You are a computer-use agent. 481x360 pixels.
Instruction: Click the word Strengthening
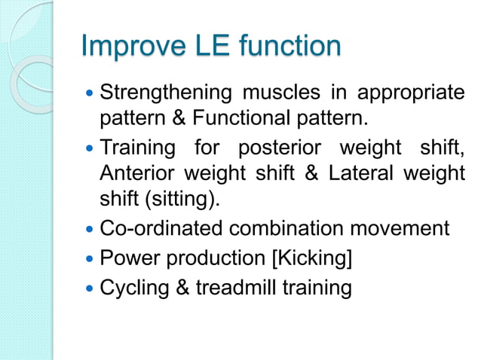[166, 94]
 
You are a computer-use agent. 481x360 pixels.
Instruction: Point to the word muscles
[281, 94]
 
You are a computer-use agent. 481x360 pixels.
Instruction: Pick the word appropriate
[410, 94]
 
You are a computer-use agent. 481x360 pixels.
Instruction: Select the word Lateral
[360, 173]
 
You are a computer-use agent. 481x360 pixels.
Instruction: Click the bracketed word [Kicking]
[311, 258]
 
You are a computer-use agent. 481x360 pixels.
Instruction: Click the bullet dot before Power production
[91, 258]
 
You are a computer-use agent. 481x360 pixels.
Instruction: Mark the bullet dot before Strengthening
[91, 94]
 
